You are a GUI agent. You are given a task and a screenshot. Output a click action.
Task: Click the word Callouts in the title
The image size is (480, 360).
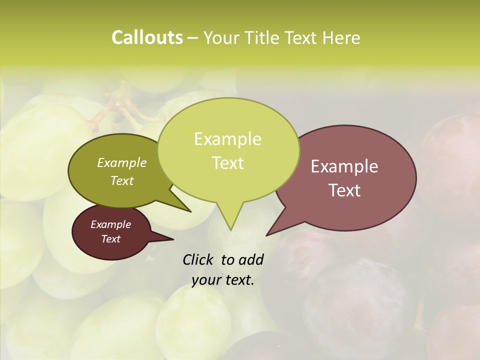pos(147,37)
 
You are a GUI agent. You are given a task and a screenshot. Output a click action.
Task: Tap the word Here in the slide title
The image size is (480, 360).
pos(341,37)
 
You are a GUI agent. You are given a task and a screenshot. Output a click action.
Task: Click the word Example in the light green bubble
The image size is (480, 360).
pos(227,139)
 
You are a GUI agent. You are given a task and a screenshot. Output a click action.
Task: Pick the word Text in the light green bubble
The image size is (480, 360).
pos(227,163)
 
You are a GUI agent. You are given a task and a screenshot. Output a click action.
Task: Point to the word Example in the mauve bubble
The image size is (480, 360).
pos(344,166)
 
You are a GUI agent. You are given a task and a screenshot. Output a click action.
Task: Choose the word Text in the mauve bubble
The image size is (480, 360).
pos(344,190)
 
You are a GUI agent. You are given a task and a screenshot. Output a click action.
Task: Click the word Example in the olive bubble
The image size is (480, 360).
pos(121,162)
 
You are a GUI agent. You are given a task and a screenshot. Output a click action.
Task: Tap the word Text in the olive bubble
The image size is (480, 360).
pos(121,180)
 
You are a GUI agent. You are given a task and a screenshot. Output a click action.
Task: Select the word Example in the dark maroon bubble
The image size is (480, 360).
pos(110,224)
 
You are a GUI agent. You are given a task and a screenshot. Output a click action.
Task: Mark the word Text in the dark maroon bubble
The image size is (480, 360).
pos(110,239)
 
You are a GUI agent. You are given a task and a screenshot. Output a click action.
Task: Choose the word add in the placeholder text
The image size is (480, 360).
pos(251,260)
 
